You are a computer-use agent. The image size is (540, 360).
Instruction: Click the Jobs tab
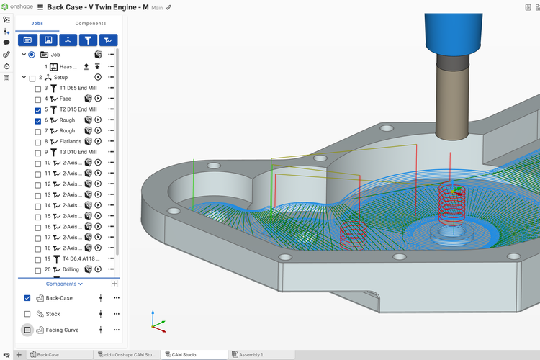point(37,23)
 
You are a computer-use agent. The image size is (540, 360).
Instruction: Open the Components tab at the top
point(91,23)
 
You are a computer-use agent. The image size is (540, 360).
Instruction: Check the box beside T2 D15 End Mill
point(38,109)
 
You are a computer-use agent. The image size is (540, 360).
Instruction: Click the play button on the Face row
point(98,99)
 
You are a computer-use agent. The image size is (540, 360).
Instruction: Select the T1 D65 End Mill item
point(77,88)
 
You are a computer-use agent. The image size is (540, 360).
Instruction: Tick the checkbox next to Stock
point(27,314)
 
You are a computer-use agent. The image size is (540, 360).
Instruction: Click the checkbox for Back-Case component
point(27,298)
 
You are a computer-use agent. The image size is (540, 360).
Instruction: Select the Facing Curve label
point(63,330)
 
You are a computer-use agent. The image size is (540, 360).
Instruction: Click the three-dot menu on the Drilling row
point(111,269)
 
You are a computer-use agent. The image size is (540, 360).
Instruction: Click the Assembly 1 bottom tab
point(251,354)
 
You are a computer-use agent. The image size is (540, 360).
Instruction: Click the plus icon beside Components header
point(114,284)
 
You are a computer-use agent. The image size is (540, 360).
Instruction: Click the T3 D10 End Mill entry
point(77,152)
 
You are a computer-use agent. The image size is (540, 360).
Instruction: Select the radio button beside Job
point(31,55)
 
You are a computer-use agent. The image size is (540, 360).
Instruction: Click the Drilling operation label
point(71,269)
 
